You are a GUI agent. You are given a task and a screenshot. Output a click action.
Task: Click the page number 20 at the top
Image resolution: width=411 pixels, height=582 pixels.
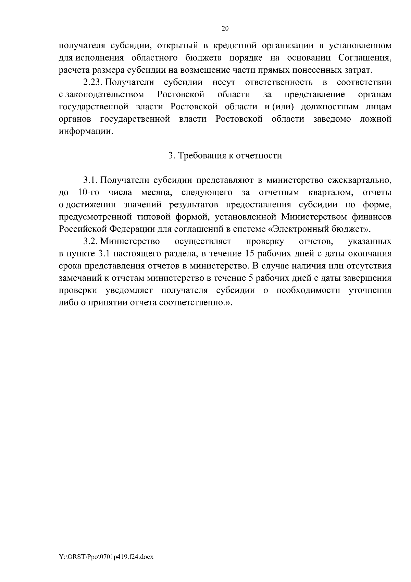[225, 29]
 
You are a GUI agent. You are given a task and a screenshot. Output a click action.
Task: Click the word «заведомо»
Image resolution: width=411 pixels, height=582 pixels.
[332, 119]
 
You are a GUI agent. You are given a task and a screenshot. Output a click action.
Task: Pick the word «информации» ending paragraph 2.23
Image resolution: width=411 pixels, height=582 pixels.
[86, 132]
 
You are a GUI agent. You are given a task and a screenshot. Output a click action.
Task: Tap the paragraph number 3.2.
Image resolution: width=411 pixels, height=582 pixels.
[91, 242]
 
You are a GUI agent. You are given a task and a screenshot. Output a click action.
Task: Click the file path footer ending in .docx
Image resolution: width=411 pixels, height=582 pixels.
[106, 557]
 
